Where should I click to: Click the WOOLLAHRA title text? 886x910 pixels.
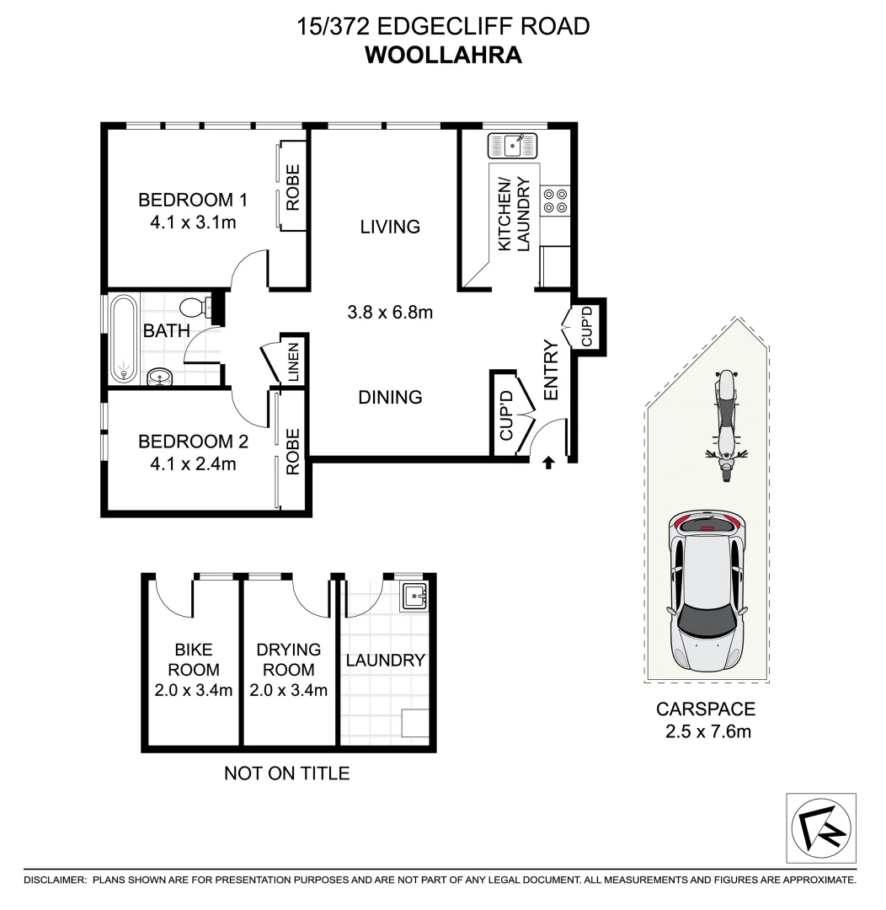point(443,55)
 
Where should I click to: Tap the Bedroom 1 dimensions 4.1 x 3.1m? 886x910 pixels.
point(192,222)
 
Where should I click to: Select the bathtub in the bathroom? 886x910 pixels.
point(124,339)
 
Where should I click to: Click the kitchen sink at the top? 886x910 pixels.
point(512,145)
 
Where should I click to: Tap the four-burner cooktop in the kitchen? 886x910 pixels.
point(555,199)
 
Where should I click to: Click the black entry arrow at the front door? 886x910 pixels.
point(548,462)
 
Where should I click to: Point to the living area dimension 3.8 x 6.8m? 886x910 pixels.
point(390,313)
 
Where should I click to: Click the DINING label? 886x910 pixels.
point(390,397)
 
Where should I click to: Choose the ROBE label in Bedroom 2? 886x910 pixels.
point(293,452)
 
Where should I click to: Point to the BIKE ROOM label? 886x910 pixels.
point(193,660)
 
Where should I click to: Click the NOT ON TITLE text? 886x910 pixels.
point(286,773)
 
